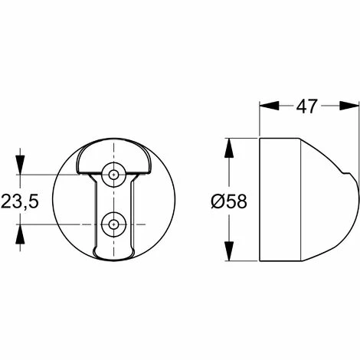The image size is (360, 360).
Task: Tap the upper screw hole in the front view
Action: (x=114, y=175)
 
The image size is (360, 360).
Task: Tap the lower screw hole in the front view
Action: (x=114, y=224)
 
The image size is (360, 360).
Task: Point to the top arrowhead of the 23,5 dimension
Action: (x=21, y=168)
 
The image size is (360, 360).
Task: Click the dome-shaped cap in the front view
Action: (x=114, y=158)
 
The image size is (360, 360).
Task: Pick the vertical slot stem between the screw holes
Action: (x=114, y=200)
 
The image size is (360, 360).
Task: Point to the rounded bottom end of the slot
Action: (x=114, y=253)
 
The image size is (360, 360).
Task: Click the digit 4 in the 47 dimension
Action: (x=302, y=106)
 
